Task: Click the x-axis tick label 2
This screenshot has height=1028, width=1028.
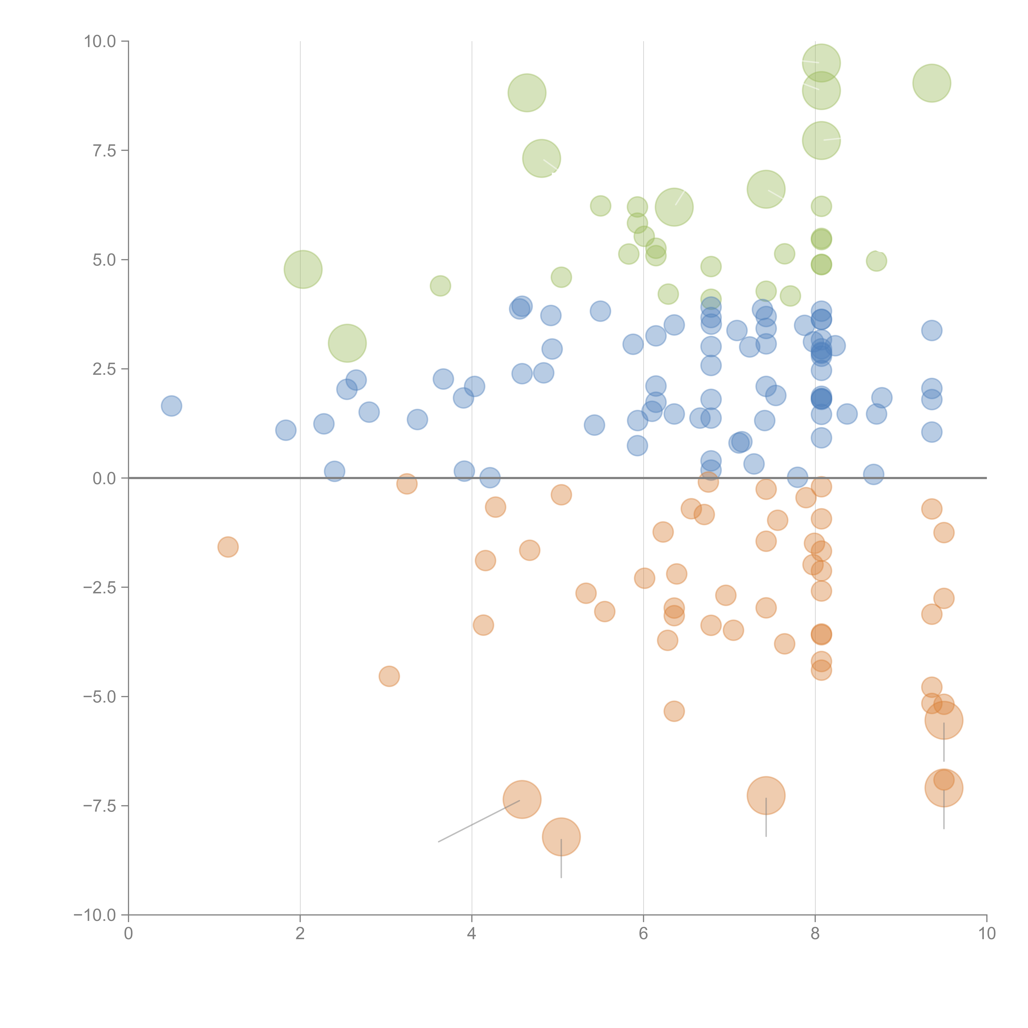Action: click(x=300, y=934)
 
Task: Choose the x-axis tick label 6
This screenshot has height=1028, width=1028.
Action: click(x=643, y=934)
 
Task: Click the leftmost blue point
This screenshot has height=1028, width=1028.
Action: click(x=171, y=406)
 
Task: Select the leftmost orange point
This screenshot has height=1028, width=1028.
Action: click(x=228, y=547)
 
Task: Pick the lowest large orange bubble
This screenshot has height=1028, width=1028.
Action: click(x=561, y=837)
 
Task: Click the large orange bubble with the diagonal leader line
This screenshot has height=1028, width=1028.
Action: click(x=522, y=799)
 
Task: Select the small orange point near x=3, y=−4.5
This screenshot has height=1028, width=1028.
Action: click(x=389, y=676)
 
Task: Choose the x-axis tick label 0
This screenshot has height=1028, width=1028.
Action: click(x=128, y=934)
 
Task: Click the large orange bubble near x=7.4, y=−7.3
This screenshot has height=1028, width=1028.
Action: click(x=766, y=795)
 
